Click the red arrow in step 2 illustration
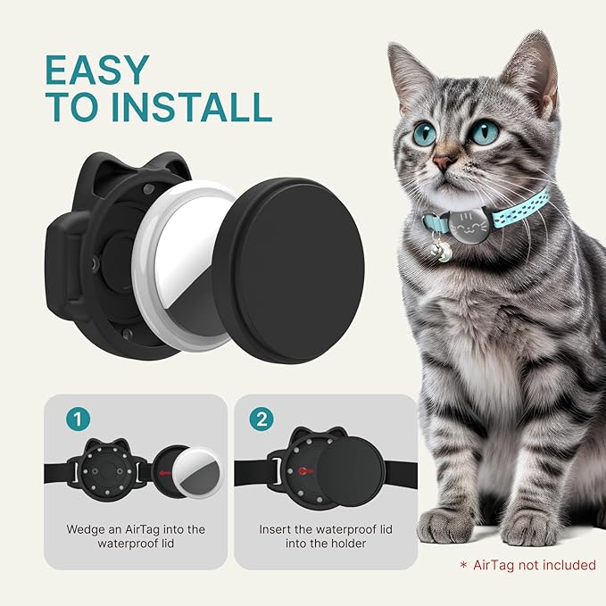[x=306, y=469]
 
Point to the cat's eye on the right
[x=485, y=132]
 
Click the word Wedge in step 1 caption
[x=86, y=529]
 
